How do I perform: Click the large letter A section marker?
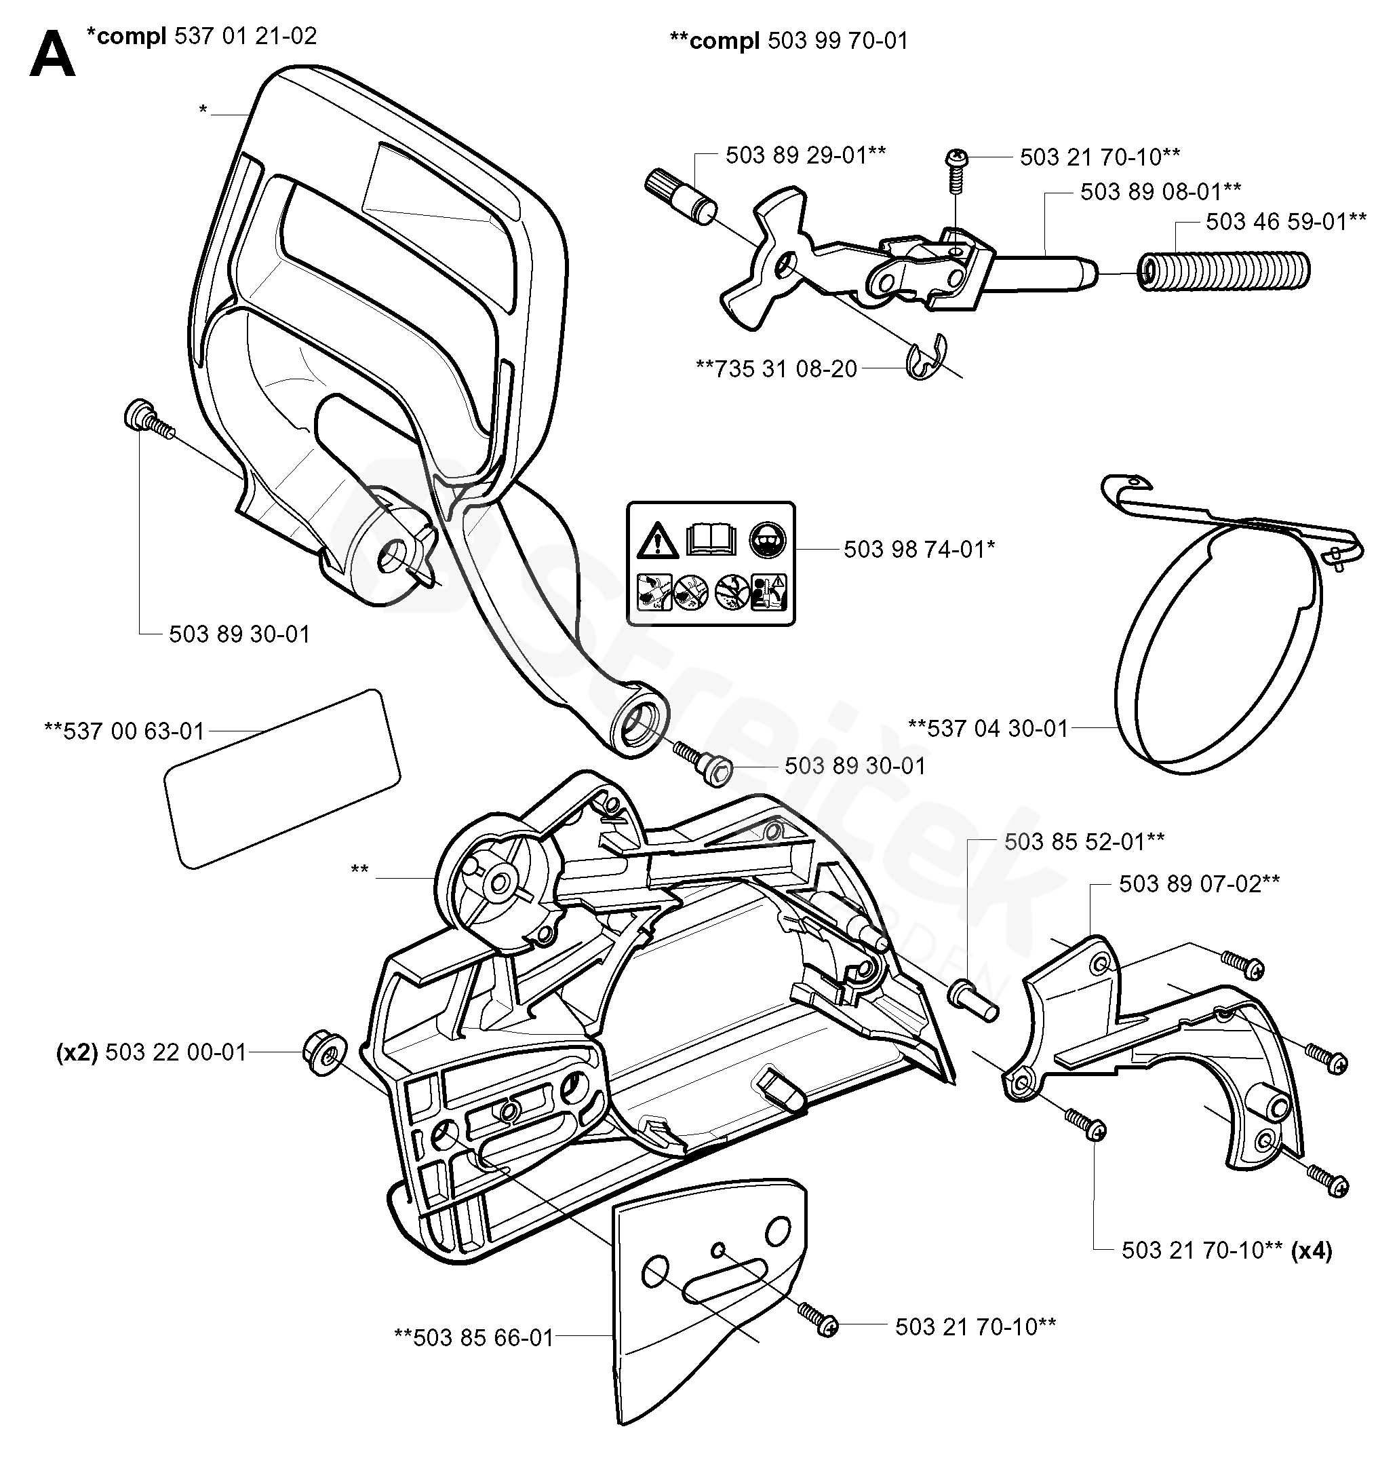[52, 56]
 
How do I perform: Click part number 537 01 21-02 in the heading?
[245, 36]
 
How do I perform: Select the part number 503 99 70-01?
[838, 40]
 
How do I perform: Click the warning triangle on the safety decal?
[658, 540]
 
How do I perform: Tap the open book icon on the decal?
[711, 538]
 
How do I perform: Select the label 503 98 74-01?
[919, 549]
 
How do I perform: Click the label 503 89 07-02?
[1199, 883]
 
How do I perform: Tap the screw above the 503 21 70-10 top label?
[956, 166]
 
